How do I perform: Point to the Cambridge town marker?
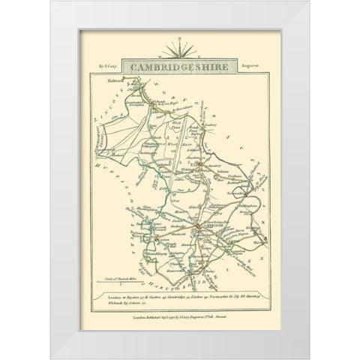(x=196, y=226)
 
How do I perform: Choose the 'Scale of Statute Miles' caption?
(x=138, y=279)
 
